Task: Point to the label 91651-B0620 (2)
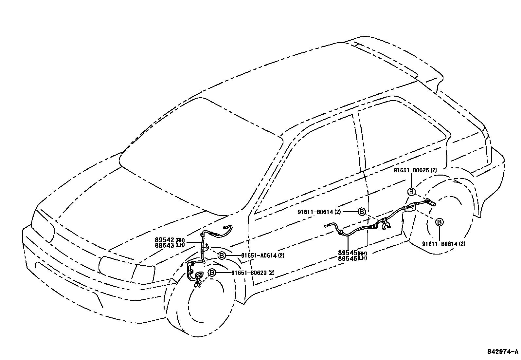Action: point(253,273)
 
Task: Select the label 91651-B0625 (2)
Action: point(415,170)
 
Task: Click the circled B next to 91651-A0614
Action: point(222,256)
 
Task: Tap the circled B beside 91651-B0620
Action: point(212,273)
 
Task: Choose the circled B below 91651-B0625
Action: point(411,192)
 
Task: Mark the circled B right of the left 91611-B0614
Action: point(361,212)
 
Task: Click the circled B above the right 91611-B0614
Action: point(440,222)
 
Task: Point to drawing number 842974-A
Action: point(503,352)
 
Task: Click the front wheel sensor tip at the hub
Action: point(197,285)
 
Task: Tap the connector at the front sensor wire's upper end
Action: point(225,227)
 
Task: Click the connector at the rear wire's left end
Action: point(326,225)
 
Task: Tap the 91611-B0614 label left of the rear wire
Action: point(319,212)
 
